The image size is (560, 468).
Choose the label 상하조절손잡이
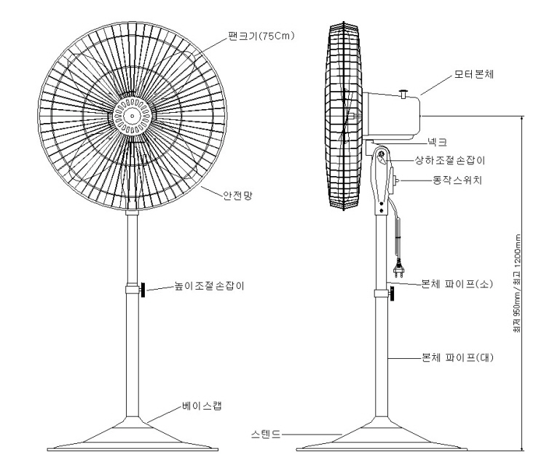[x=446, y=158]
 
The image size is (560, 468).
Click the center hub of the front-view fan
[x=131, y=115]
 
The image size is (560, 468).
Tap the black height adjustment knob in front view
[x=143, y=291]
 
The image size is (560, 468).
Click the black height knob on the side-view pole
[x=392, y=294]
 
